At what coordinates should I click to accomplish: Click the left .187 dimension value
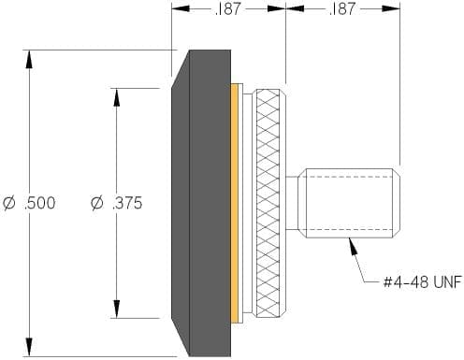coord(228,8)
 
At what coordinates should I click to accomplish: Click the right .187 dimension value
coord(342,8)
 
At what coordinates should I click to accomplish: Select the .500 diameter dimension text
coord(29,203)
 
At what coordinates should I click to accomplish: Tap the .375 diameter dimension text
coord(117,203)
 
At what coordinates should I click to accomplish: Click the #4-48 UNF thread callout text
coord(423,282)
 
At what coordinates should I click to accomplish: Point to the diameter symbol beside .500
coord(8,203)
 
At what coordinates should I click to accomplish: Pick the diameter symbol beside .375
coord(96,203)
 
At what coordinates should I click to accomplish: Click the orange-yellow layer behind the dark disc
coord(235,203)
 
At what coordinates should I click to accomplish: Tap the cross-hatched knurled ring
coord(268,203)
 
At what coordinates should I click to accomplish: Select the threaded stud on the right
coord(349,203)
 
